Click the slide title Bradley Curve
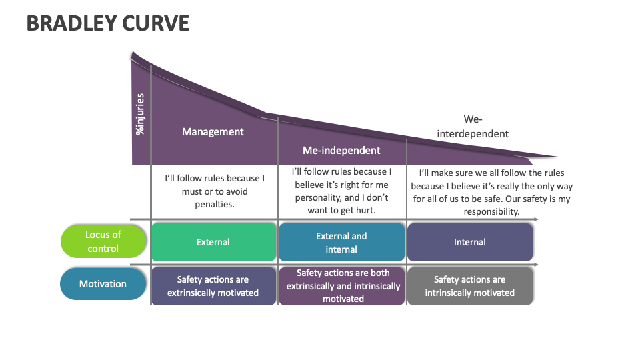pyautogui.click(x=108, y=23)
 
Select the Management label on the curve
pyautogui.click(x=213, y=132)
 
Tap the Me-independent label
pyautogui.click(x=341, y=151)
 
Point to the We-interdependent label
pyautogui.click(x=473, y=127)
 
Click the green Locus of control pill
pyautogui.click(x=103, y=241)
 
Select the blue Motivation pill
pyautogui.click(x=103, y=284)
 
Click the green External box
pyautogui.click(x=213, y=242)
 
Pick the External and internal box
pyautogui.click(x=341, y=242)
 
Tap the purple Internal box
pyautogui.click(x=469, y=242)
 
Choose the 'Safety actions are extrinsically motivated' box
pyautogui.click(x=213, y=287)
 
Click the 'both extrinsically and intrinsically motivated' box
pyautogui.click(x=343, y=286)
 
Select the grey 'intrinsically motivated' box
pyautogui.click(x=469, y=287)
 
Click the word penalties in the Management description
pyautogui.click(x=215, y=204)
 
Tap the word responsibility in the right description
pyautogui.click(x=491, y=211)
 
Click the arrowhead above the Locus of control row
pyautogui.click(x=535, y=219)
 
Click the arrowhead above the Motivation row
pyautogui.click(x=535, y=265)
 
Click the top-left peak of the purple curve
pyautogui.click(x=133, y=52)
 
